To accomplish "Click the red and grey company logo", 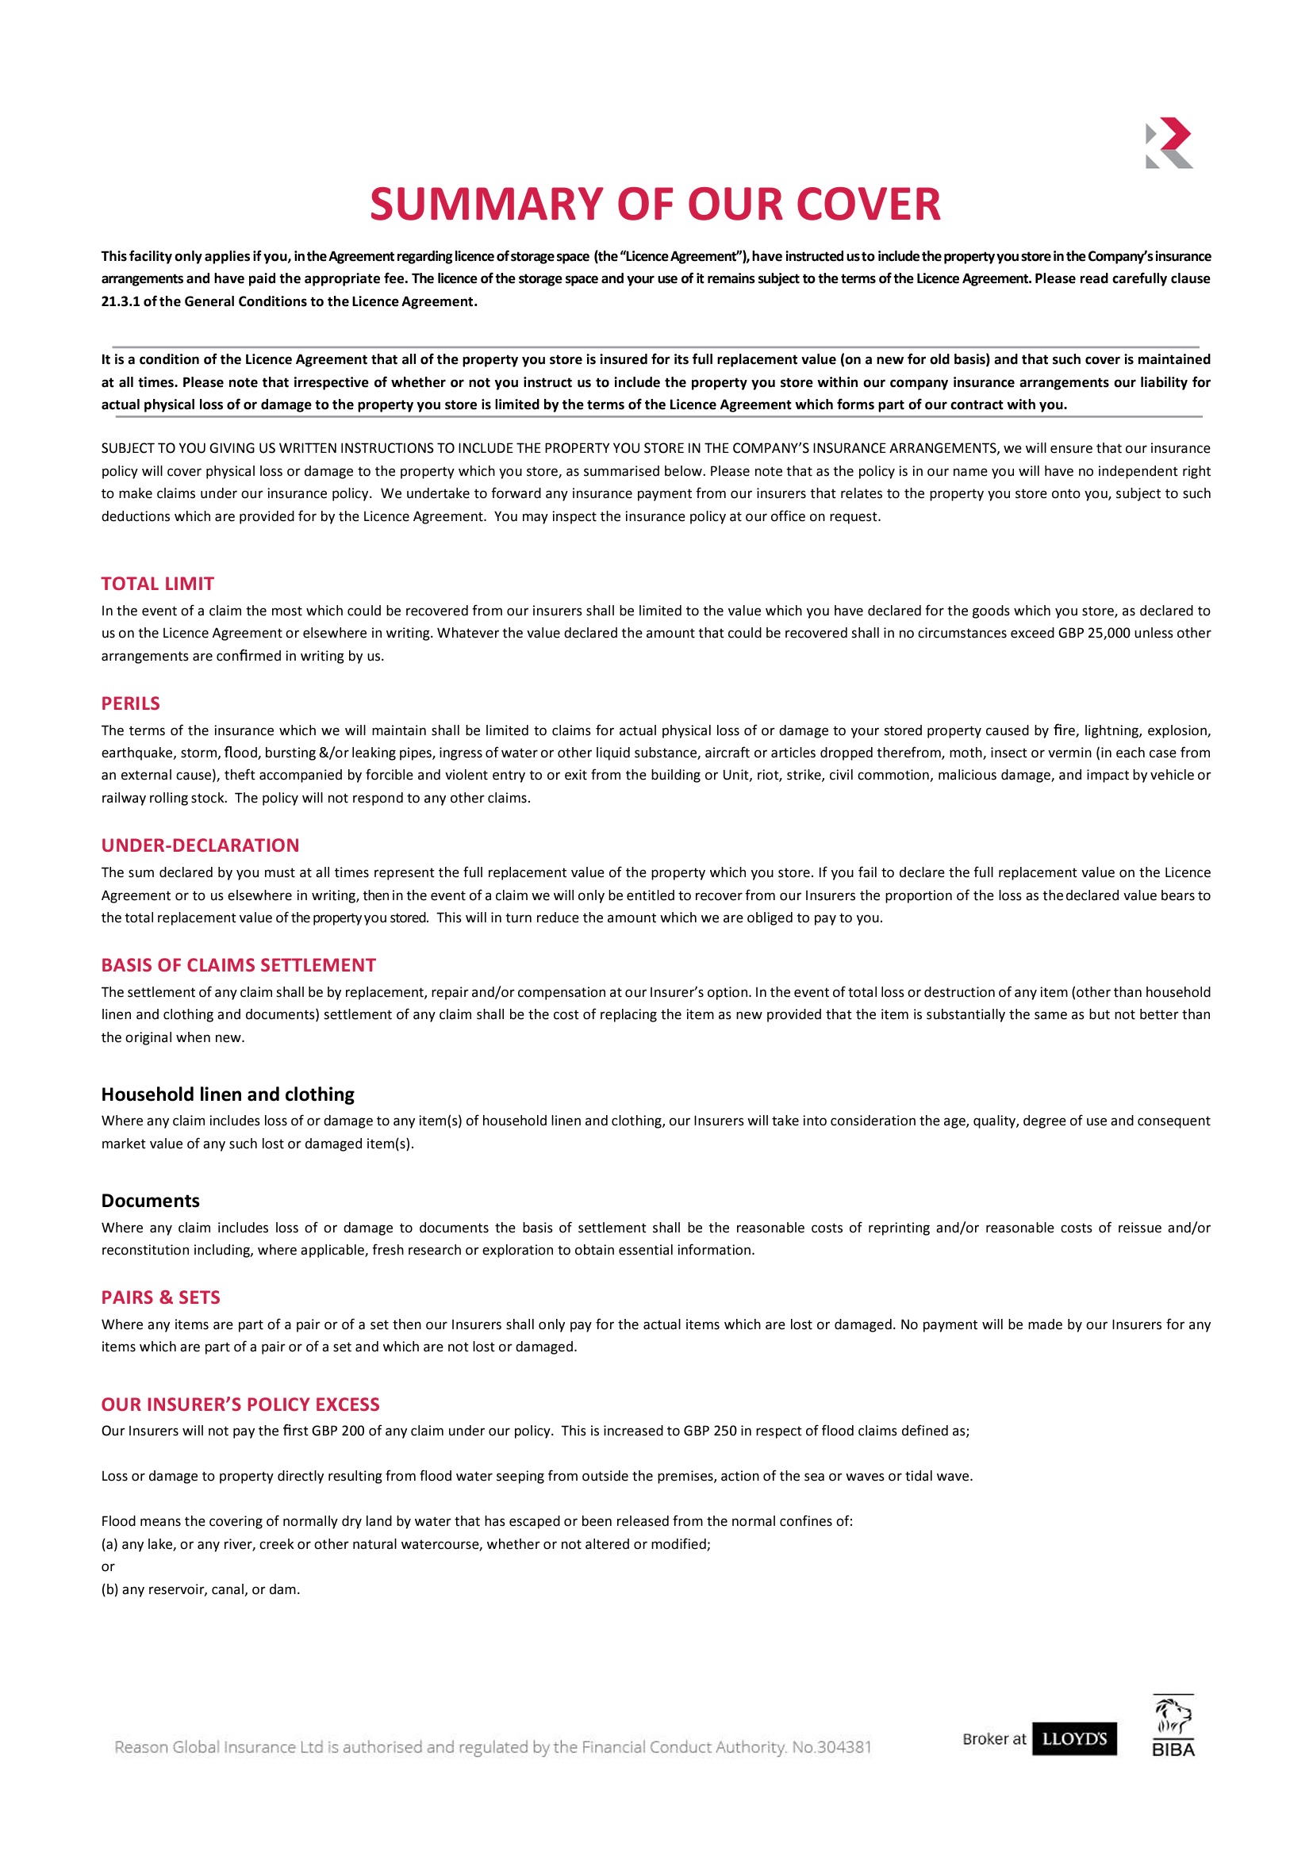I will click(x=1169, y=143).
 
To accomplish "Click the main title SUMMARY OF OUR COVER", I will click(x=655, y=204).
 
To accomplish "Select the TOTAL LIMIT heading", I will click(x=158, y=584).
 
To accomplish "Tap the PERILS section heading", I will click(x=131, y=703).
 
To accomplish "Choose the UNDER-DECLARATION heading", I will click(x=200, y=845).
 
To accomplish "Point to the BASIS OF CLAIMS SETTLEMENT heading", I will click(x=239, y=965).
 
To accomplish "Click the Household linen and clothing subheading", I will click(x=228, y=1094).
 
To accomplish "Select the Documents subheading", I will click(x=151, y=1201).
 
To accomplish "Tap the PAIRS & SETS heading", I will click(x=161, y=1297).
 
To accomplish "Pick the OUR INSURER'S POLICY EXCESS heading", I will click(x=240, y=1405).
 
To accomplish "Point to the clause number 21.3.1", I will click(x=121, y=301).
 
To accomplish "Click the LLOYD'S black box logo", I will click(x=1074, y=1739).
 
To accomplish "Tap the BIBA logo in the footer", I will click(x=1173, y=1727).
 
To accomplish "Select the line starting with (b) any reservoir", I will click(x=201, y=1590).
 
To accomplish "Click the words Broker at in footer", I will click(x=993, y=1739).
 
